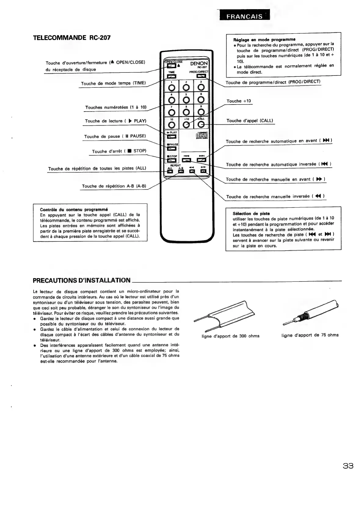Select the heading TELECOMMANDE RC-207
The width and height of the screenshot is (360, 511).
71,38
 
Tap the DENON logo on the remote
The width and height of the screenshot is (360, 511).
199,63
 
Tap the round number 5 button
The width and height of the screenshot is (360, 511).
186,100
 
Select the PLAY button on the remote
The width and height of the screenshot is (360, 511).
172,137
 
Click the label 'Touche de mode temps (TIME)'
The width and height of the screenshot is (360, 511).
113,83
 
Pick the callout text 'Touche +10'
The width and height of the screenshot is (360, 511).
238,101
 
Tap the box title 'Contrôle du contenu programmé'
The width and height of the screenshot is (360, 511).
74,209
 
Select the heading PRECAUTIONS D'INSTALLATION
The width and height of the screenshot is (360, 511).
82,280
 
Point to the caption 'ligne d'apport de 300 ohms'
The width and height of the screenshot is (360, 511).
230,336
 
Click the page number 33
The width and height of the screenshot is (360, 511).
348,466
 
